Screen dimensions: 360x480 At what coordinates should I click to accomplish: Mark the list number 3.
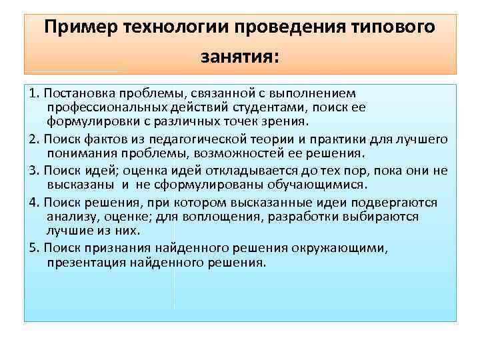click(x=34, y=170)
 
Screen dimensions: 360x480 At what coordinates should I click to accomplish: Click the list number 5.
click(x=34, y=248)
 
